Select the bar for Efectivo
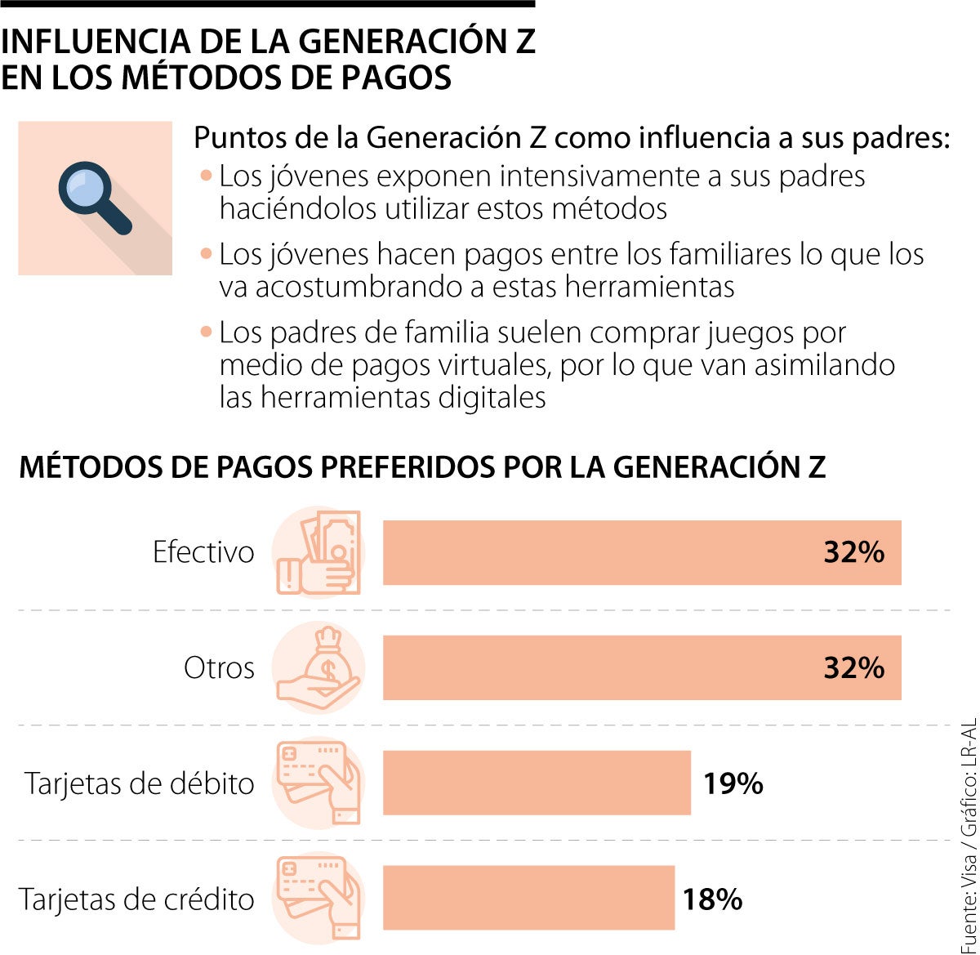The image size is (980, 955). coord(641,552)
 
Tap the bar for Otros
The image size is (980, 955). coord(641,667)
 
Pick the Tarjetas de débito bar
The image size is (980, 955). coord(537,783)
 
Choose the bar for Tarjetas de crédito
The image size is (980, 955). coord(528,898)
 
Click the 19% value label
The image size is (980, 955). coord(733,783)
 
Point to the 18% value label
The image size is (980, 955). coord(712,899)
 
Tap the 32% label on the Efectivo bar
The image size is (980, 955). coord(853,552)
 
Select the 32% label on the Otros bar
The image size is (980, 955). coord(853,667)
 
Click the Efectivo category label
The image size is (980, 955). coord(203,552)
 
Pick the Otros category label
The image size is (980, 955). coord(219,667)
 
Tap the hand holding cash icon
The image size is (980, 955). coord(318,552)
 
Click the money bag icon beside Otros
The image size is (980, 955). coord(318,667)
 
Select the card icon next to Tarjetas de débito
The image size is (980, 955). coord(318,783)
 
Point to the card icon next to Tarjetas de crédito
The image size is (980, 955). coord(318,898)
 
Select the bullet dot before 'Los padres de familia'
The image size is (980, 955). coord(206,332)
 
